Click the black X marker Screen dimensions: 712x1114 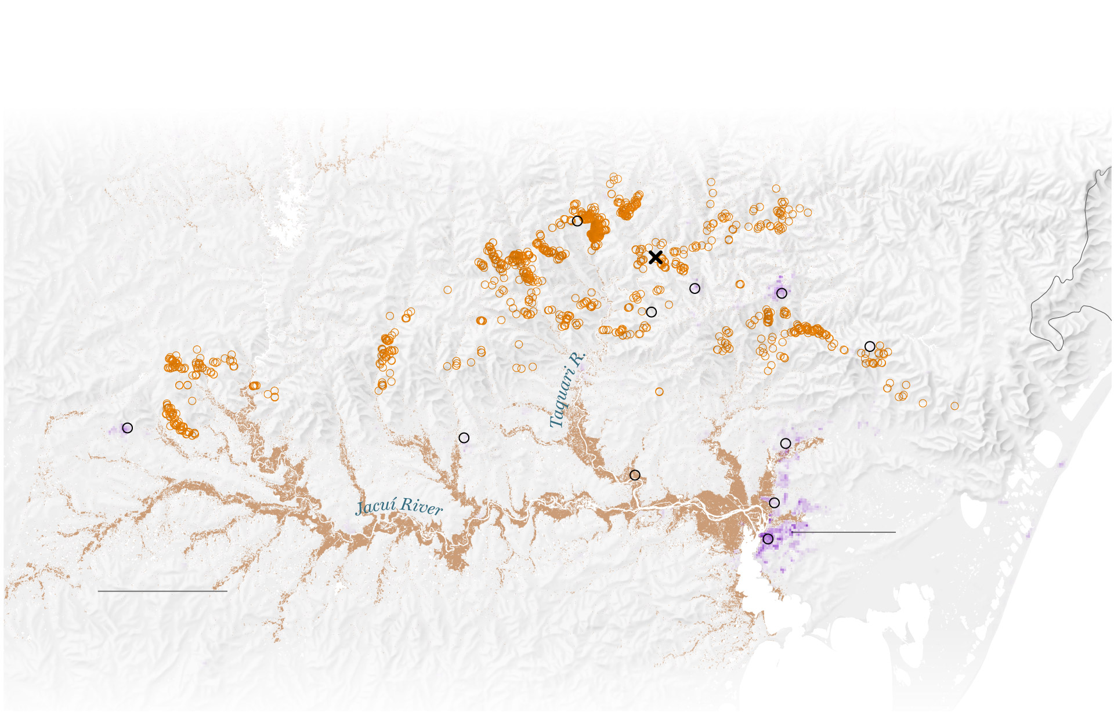point(656,257)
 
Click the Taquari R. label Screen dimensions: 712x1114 point(567,390)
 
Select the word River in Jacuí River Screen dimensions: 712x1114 point(421,507)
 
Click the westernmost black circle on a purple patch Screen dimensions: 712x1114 point(128,428)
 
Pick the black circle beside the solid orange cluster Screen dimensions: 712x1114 point(577,221)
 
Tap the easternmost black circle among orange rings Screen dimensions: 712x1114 point(870,346)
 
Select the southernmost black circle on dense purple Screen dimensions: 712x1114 point(768,539)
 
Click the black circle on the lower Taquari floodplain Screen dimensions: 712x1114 point(635,475)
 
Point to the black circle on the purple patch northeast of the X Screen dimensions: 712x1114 point(782,293)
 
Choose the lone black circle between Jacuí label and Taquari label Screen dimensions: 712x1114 point(464,438)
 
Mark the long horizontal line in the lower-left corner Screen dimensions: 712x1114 point(162,591)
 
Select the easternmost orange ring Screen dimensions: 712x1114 point(954,406)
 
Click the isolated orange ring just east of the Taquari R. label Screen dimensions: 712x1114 point(659,392)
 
